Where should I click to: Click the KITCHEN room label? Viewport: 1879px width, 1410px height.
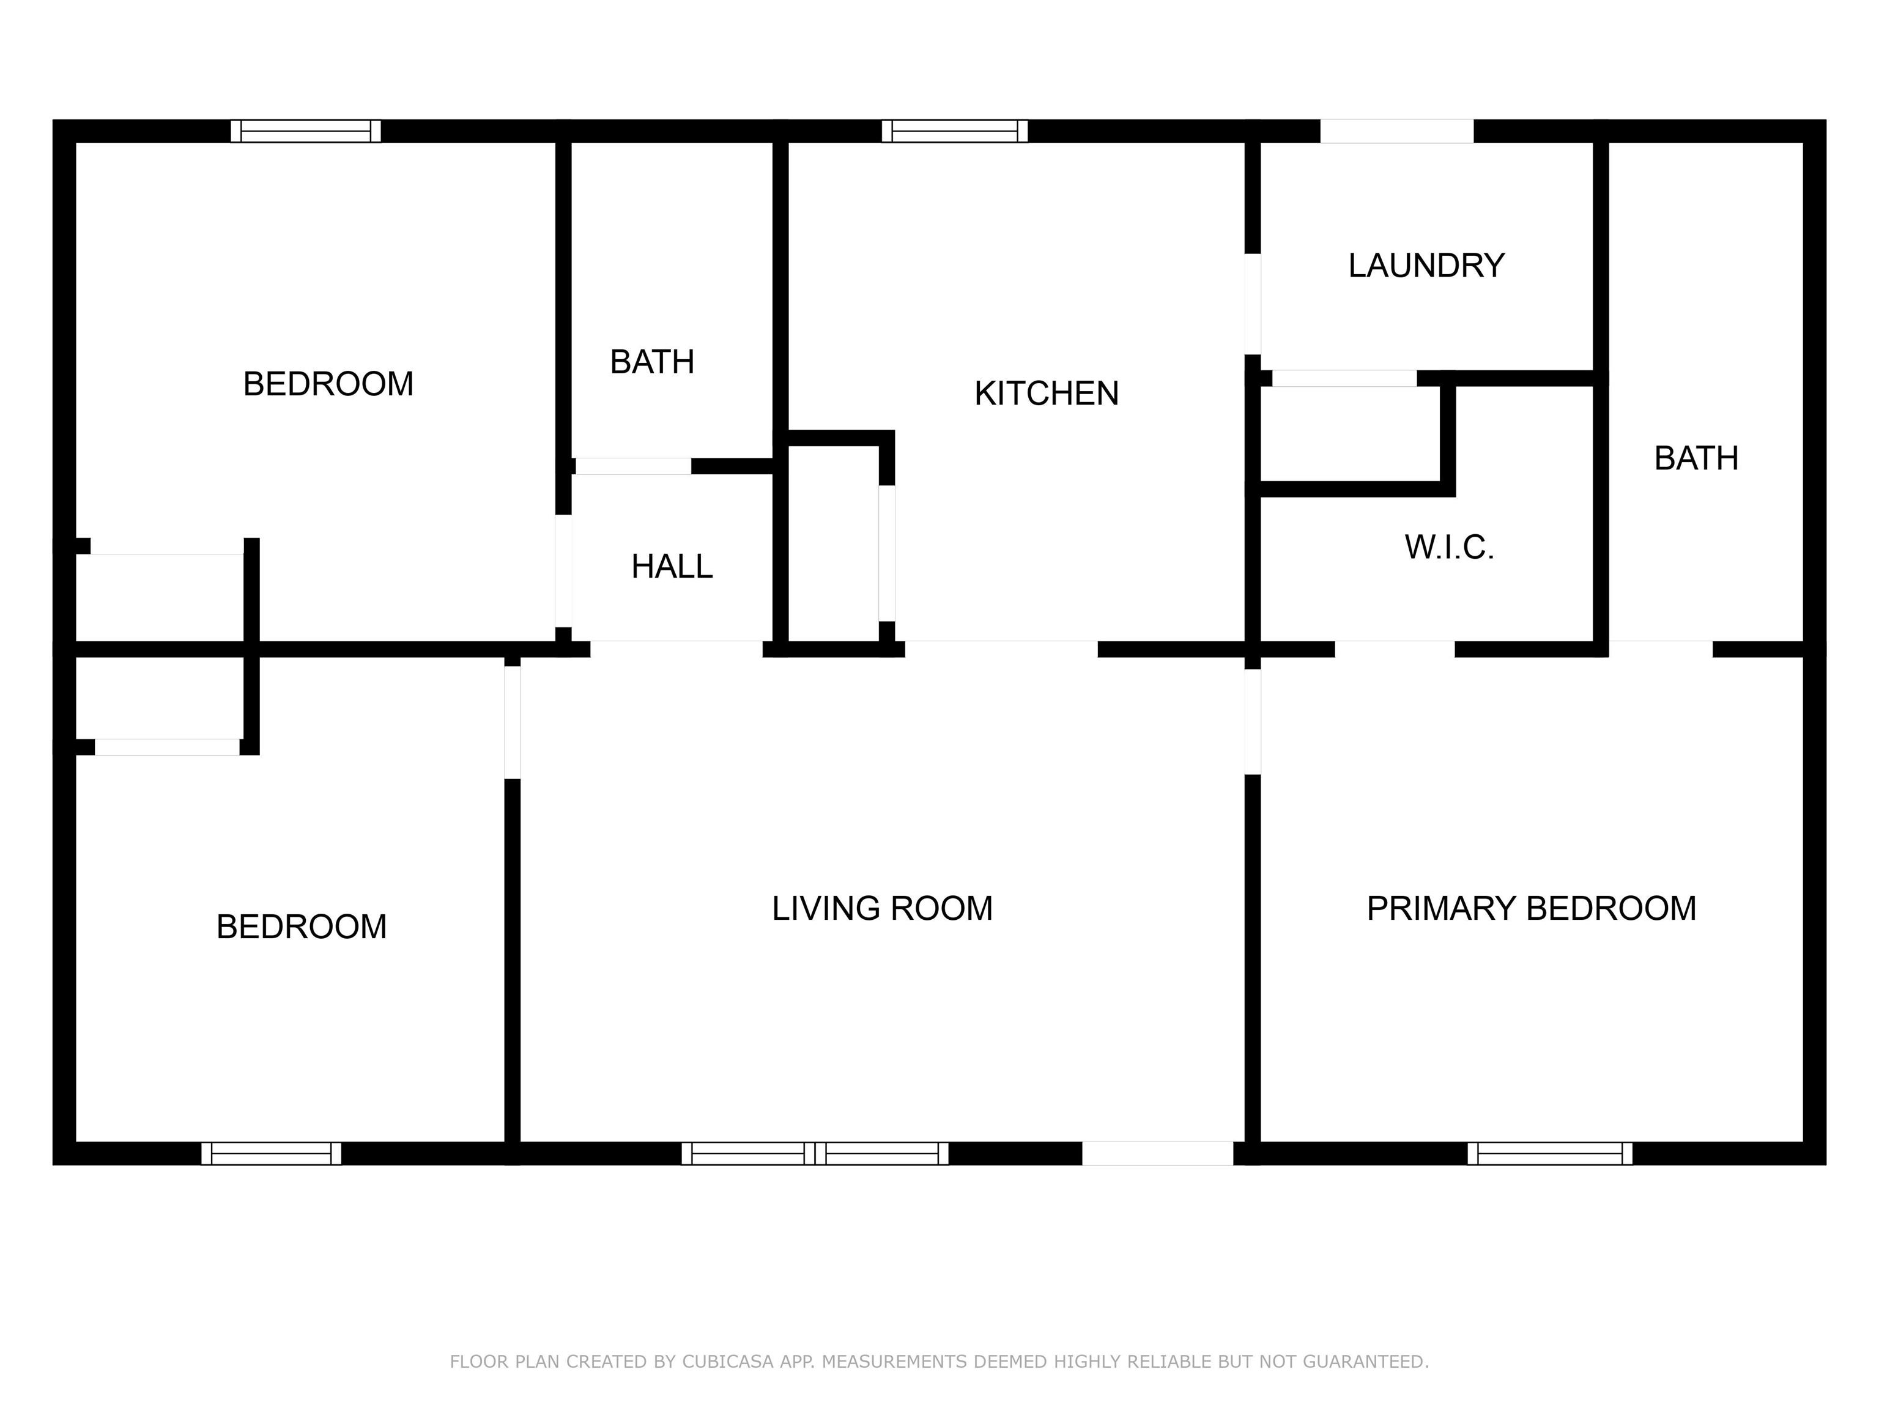1047,394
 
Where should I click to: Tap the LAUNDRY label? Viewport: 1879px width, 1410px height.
1426,266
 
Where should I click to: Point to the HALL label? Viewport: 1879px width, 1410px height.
672,567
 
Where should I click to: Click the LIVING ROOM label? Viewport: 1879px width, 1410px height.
882,909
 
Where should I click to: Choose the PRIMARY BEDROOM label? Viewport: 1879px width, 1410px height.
1532,909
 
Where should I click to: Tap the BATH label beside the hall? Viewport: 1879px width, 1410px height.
653,362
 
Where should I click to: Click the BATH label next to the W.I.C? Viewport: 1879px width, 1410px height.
1696,459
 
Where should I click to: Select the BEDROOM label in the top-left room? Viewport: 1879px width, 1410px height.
328,384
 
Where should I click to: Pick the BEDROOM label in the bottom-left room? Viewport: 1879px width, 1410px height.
302,927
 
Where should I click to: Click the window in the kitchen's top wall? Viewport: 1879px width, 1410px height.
955,131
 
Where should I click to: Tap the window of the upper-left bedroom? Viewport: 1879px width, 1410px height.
306,131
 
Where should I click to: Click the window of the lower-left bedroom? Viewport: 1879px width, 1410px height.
271,1154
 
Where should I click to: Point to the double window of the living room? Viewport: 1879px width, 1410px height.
815,1154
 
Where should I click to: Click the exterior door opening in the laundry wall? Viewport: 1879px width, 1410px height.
1396,131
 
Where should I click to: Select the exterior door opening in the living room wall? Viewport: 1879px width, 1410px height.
1157,1154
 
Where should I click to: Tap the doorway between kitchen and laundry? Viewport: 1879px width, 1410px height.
1252,304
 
